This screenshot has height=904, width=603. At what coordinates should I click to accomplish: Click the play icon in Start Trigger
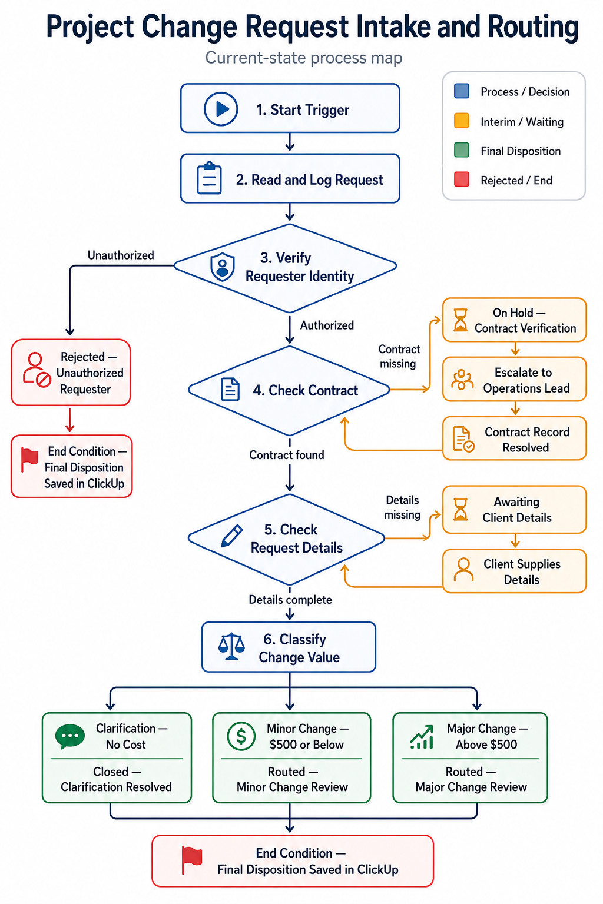(x=221, y=109)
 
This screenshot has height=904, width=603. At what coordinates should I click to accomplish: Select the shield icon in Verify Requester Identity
(x=223, y=267)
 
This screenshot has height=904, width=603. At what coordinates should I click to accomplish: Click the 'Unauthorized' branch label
(x=121, y=255)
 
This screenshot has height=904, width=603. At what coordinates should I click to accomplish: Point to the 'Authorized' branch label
(x=327, y=325)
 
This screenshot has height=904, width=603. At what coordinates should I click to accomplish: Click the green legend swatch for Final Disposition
(x=461, y=150)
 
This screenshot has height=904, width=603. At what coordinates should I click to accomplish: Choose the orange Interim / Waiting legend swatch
(x=461, y=121)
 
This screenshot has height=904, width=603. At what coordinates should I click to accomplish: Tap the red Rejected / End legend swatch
(x=461, y=180)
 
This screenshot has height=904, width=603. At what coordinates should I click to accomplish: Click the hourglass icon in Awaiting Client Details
(x=460, y=509)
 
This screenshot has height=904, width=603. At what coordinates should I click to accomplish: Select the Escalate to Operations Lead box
(x=514, y=379)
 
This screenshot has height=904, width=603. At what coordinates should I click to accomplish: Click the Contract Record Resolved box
(x=514, y=438)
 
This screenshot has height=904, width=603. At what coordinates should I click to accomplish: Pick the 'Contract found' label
(x=286, y=455)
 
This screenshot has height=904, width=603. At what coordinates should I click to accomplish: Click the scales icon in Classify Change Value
(x=231, y=647)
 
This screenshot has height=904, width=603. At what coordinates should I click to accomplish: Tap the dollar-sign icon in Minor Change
(x=241, y=736)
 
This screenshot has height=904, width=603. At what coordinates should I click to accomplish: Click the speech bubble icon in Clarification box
(x=70, y=736)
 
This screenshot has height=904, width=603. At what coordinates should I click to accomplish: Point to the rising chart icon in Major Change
(x=422, y=737)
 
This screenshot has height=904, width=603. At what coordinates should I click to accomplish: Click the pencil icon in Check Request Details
(x=232, y=536)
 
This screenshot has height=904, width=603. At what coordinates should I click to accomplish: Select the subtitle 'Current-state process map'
(x=303, y=58)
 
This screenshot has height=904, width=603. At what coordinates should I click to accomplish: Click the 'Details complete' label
(x=290, y=600)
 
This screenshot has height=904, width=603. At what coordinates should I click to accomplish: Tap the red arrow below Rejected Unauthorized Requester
(x=70, y=420)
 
